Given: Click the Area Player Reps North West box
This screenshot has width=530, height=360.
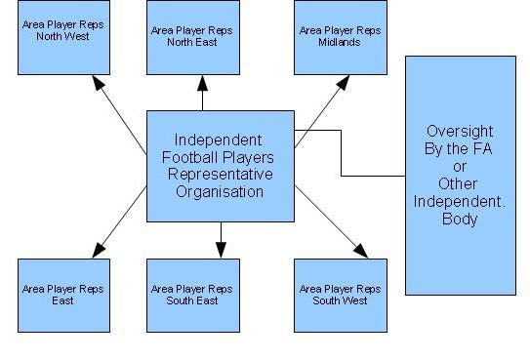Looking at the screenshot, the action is [63, 37].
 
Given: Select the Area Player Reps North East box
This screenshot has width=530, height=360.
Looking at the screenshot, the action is [193, 37].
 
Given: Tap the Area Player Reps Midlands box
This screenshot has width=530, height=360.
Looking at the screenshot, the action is [341, 37].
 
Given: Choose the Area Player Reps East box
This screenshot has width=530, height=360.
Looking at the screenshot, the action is [63, 296].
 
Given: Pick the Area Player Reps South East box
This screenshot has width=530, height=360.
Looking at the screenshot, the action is [193, 296].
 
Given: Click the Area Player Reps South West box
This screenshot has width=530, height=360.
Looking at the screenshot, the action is [341, 296].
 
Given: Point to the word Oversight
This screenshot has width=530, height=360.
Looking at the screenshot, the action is [460, 132].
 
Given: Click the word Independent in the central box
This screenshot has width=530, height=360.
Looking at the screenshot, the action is [218, 140].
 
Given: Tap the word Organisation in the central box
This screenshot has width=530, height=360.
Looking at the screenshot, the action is [220, 192].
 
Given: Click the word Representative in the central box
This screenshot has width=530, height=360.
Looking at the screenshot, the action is [221, 175].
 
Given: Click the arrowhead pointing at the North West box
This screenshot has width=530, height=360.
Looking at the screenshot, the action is [98, 82].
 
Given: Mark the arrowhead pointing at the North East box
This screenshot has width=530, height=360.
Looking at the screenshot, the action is [202, 83].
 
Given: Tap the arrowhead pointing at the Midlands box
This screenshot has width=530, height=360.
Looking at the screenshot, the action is [344, 82].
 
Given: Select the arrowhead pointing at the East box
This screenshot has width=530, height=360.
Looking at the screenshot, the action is [99, 251].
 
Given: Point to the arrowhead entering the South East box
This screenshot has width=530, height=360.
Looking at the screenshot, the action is [221, 250].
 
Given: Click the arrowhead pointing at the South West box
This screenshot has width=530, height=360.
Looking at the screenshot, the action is [361, 251].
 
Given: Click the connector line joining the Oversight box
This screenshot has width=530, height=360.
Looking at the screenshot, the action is [341, 153].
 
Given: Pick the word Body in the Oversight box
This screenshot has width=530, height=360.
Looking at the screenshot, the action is [460, 220].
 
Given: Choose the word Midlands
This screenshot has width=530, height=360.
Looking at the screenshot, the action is [339, 42].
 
